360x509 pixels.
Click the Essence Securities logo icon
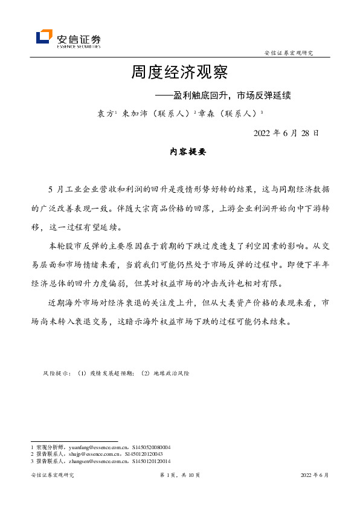click(44, 37)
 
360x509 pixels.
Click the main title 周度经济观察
click(179, 73)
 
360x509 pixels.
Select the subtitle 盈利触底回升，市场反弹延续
click(232, 95)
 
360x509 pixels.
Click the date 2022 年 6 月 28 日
click(286, 133)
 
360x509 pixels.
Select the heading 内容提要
click(188, 152)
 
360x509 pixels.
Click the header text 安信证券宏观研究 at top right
click(289, 54)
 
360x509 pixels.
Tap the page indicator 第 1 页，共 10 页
click(179, 476)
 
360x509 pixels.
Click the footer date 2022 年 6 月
click(315, 476)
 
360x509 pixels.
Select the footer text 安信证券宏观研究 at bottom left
click(52, 476)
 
